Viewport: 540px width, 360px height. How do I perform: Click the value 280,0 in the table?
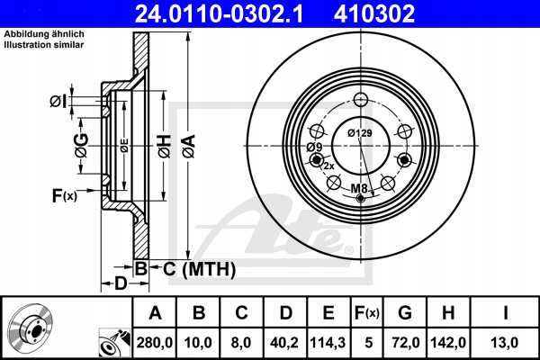click(155, 342)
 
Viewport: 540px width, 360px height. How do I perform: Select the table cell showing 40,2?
click(285, 342)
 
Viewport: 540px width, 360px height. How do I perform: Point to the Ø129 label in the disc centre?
click(359, 133)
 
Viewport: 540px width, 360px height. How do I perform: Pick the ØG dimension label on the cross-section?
click(81, 144)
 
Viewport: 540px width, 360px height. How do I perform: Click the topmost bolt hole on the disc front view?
click(361, 100)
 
